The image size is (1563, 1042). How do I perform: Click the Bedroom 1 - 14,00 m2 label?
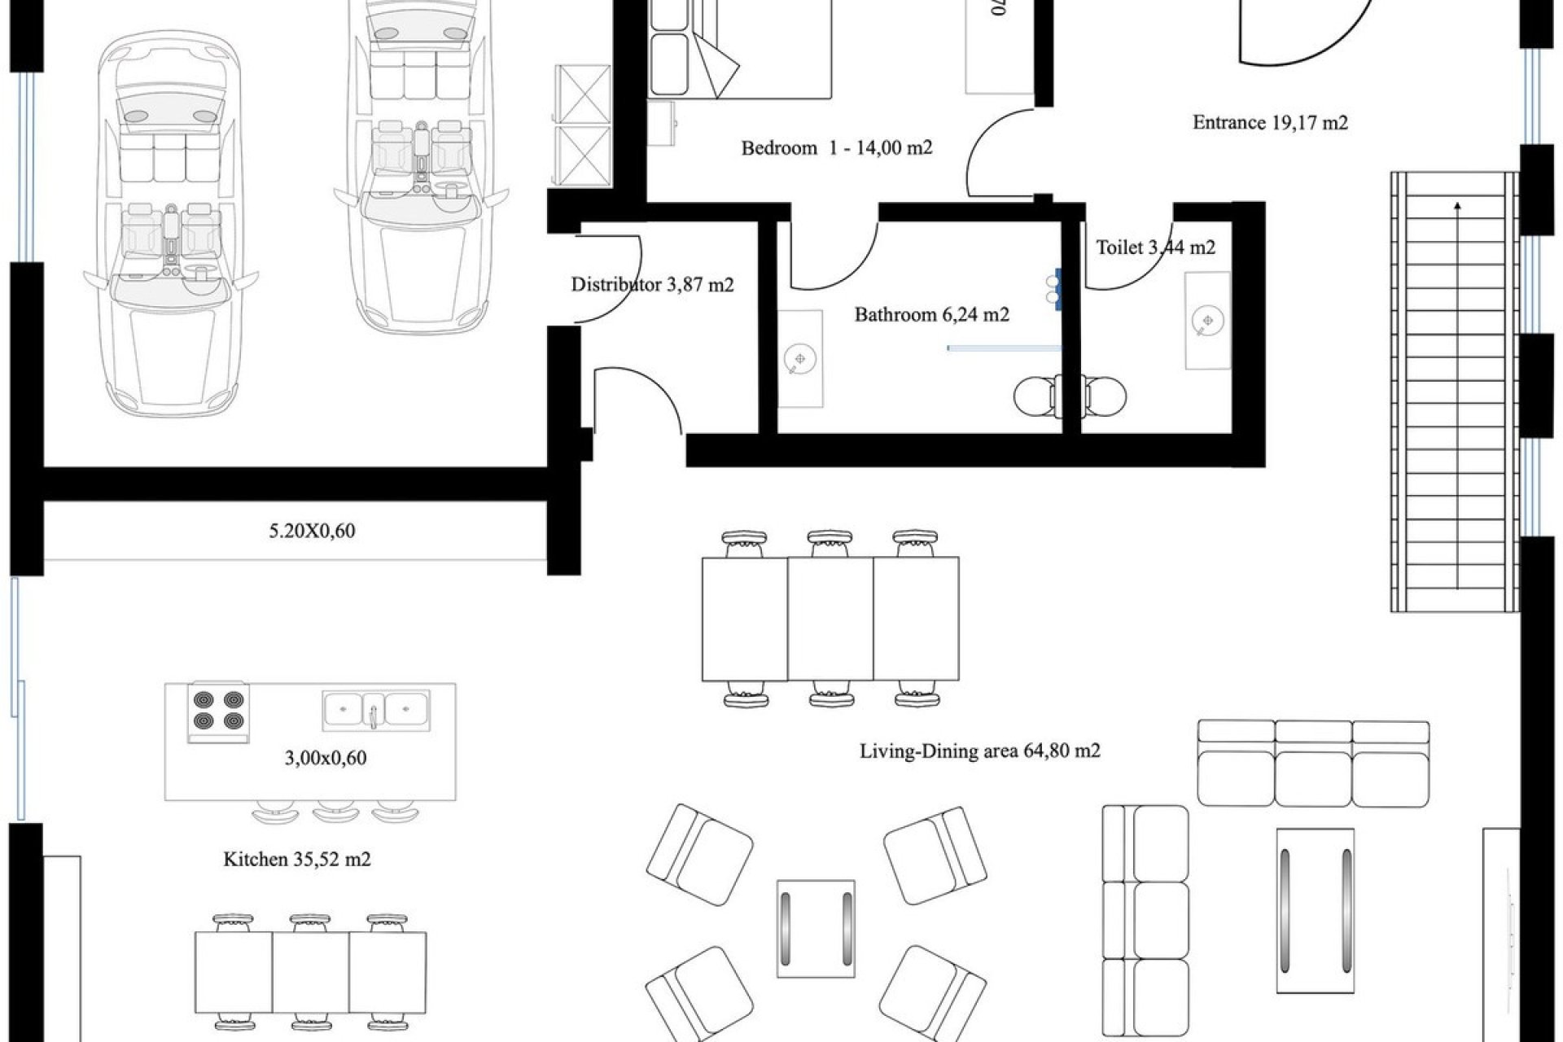tap(836, 148)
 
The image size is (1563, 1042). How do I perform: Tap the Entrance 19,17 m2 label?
tap(1270, 123)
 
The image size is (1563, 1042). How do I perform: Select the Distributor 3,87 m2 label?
tap(652, 285)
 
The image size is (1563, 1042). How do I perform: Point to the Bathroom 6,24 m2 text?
tap(931, 314)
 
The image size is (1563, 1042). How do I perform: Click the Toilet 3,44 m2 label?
tap(1155, 247)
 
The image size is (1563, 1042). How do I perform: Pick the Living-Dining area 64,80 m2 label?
tap(979, 751)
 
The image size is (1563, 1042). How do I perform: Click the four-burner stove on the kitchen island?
tap(218, 711)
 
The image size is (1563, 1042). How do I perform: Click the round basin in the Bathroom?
tap(799, 359)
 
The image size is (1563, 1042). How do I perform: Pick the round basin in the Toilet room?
tap(1206, 320)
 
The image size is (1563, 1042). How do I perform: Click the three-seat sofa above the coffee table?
tap(1313, 763)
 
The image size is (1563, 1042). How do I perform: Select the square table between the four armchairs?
tap(816, 928)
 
